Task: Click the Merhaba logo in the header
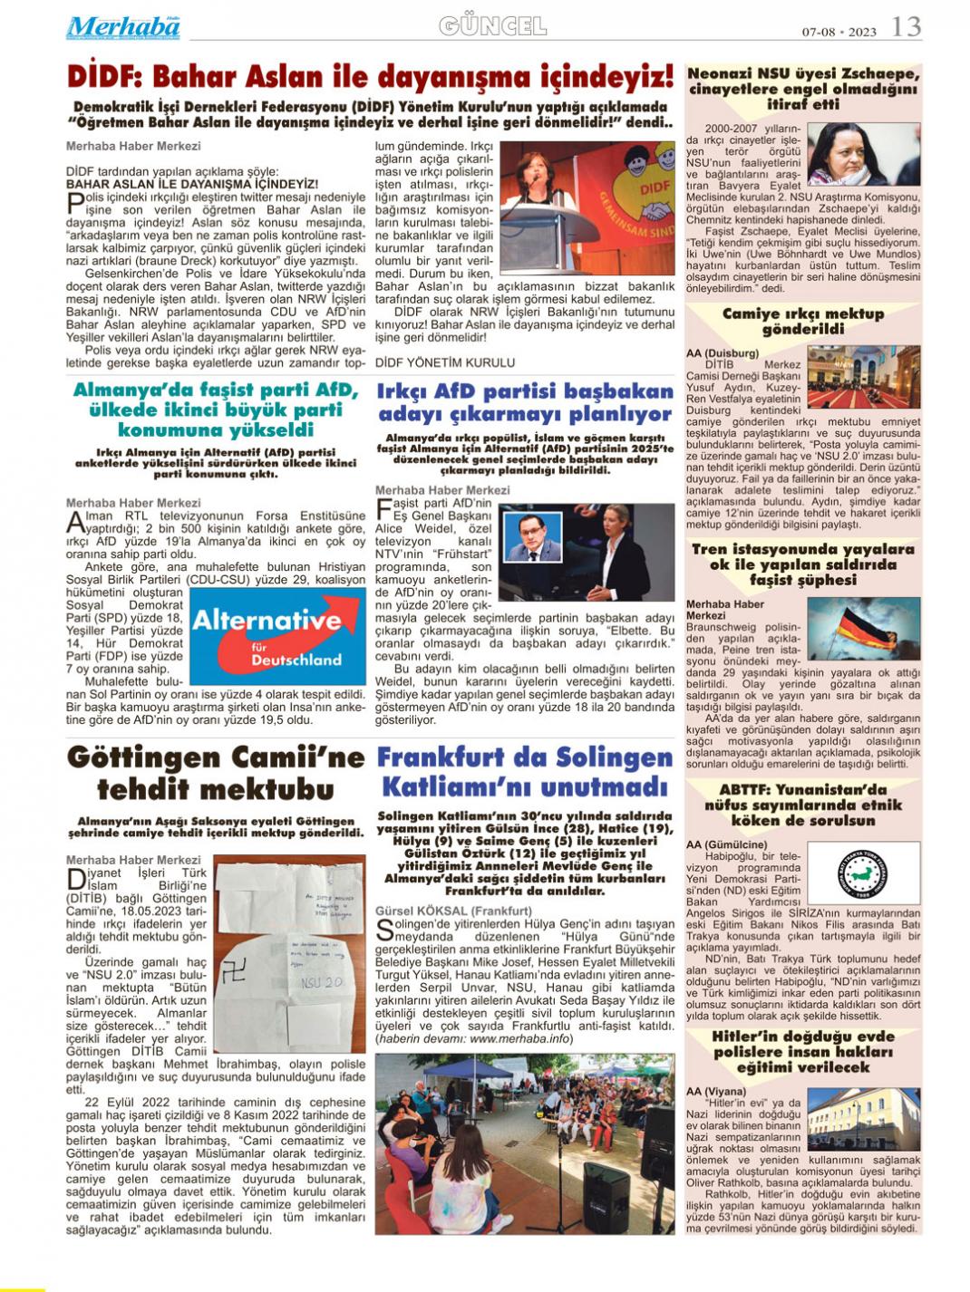pos(123,27)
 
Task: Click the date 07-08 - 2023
pos(839,32)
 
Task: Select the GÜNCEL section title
pos(492,26)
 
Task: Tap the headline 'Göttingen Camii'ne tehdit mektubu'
pos(217,771)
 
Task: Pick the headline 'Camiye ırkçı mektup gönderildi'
pos(803,321)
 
